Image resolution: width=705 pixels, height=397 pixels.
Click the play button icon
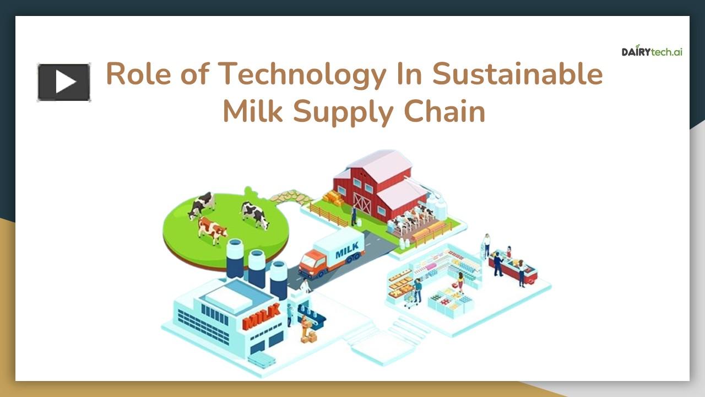64,83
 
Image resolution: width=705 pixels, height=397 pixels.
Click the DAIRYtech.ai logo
652,51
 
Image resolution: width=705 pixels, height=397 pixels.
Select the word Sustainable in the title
517,74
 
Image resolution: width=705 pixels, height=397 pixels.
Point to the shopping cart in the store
411,298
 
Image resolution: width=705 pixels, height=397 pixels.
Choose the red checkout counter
513,270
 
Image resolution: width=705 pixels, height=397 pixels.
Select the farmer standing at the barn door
354,216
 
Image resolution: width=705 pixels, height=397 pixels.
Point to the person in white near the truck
305,286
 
